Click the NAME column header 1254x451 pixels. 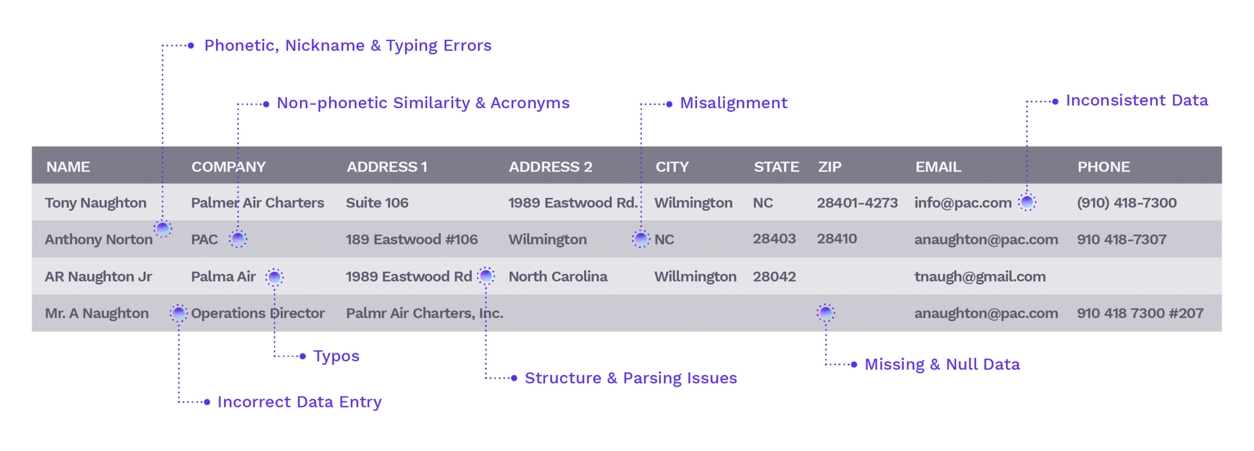68,167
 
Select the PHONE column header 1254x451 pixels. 1103,167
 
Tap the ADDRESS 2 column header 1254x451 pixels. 550,167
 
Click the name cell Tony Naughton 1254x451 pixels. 96,203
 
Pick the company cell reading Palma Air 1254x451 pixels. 223,277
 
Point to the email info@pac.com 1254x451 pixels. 963,203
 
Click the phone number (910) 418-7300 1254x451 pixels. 1126,203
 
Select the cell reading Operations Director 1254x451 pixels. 258,313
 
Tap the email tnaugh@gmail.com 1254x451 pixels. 980,277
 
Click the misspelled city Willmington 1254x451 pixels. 695,277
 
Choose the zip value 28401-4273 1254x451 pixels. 857,203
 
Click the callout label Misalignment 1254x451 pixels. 733,103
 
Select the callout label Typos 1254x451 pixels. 337,356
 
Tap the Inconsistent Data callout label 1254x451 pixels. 1136,101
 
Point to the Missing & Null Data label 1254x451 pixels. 942,364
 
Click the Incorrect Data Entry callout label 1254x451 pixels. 299,402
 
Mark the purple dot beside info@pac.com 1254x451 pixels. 1027,202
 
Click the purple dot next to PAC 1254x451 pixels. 238,239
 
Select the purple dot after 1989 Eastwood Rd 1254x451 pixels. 486,276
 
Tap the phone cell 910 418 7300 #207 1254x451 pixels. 1140,313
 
